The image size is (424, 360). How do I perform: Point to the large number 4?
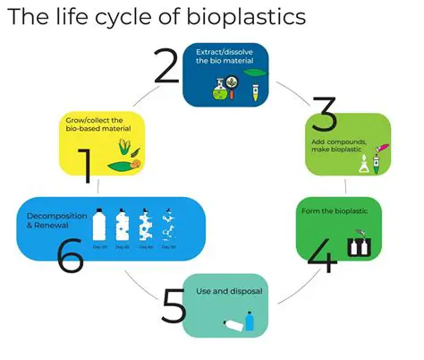pos(322,254)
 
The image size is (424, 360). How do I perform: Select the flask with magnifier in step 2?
pos(222,86)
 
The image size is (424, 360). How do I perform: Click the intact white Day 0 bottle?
pos(99,221)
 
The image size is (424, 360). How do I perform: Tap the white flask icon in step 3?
pos(366,165)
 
